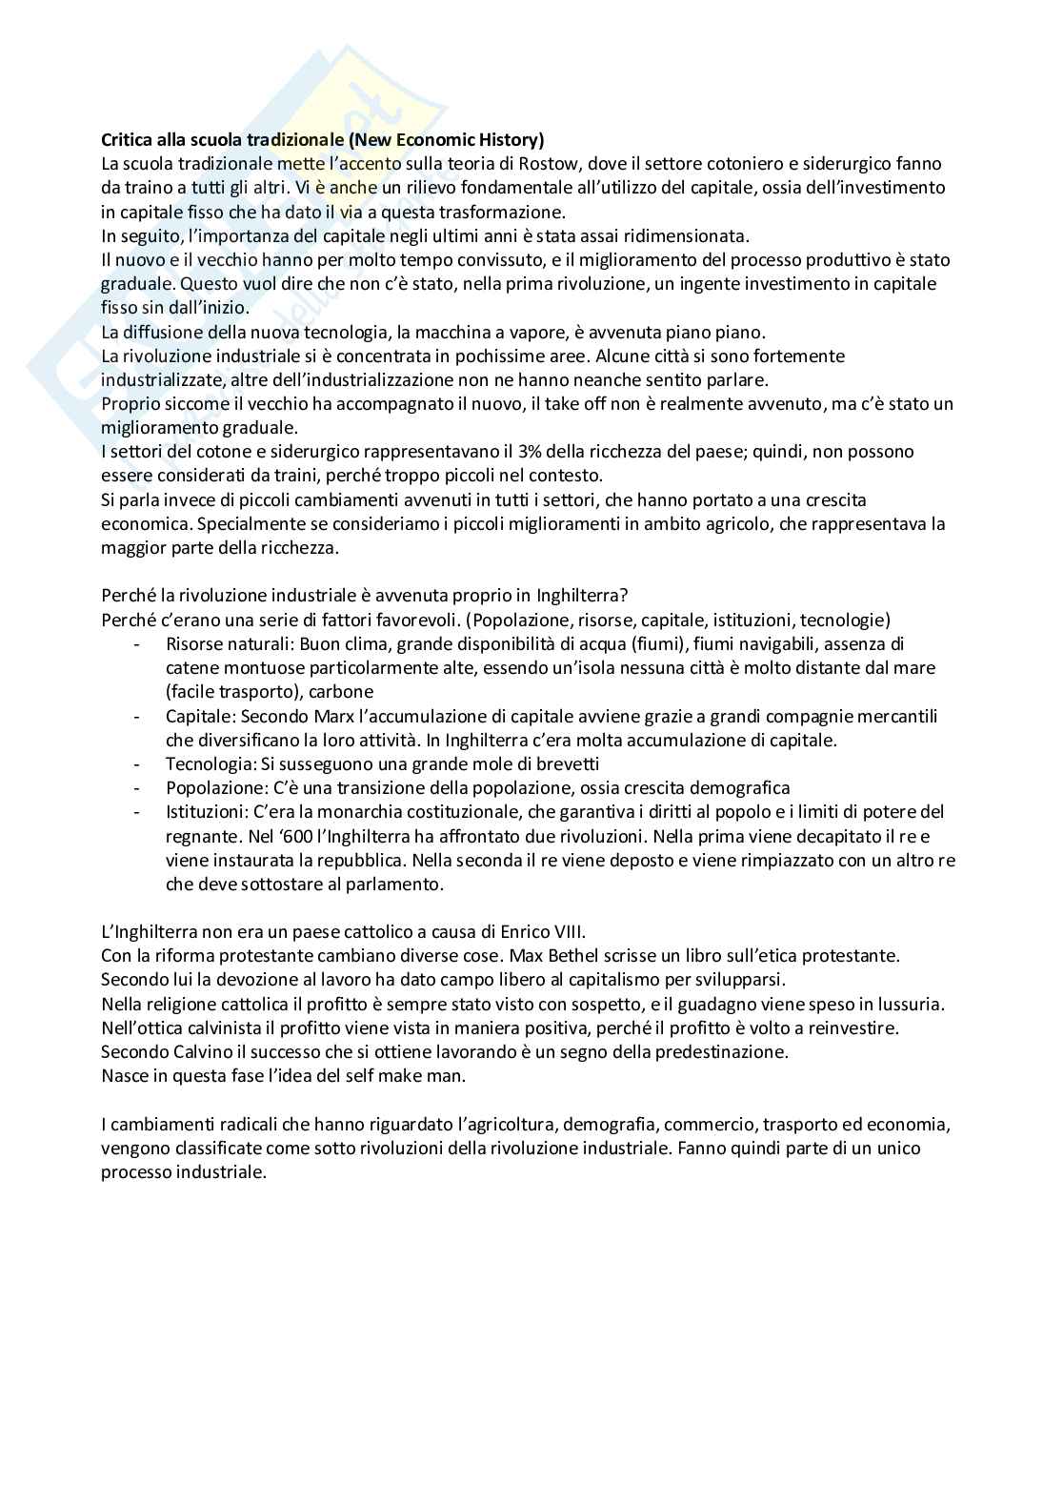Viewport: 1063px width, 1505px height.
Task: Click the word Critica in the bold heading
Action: click(x=127, y=140)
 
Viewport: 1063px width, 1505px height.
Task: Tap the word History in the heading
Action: click(x=511, y=140)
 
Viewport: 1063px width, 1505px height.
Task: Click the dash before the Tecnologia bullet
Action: click(x=139, y=763)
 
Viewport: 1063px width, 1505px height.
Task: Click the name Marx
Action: click(x=334, y=716)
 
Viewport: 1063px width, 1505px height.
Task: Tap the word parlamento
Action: click(x=399, y=884)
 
